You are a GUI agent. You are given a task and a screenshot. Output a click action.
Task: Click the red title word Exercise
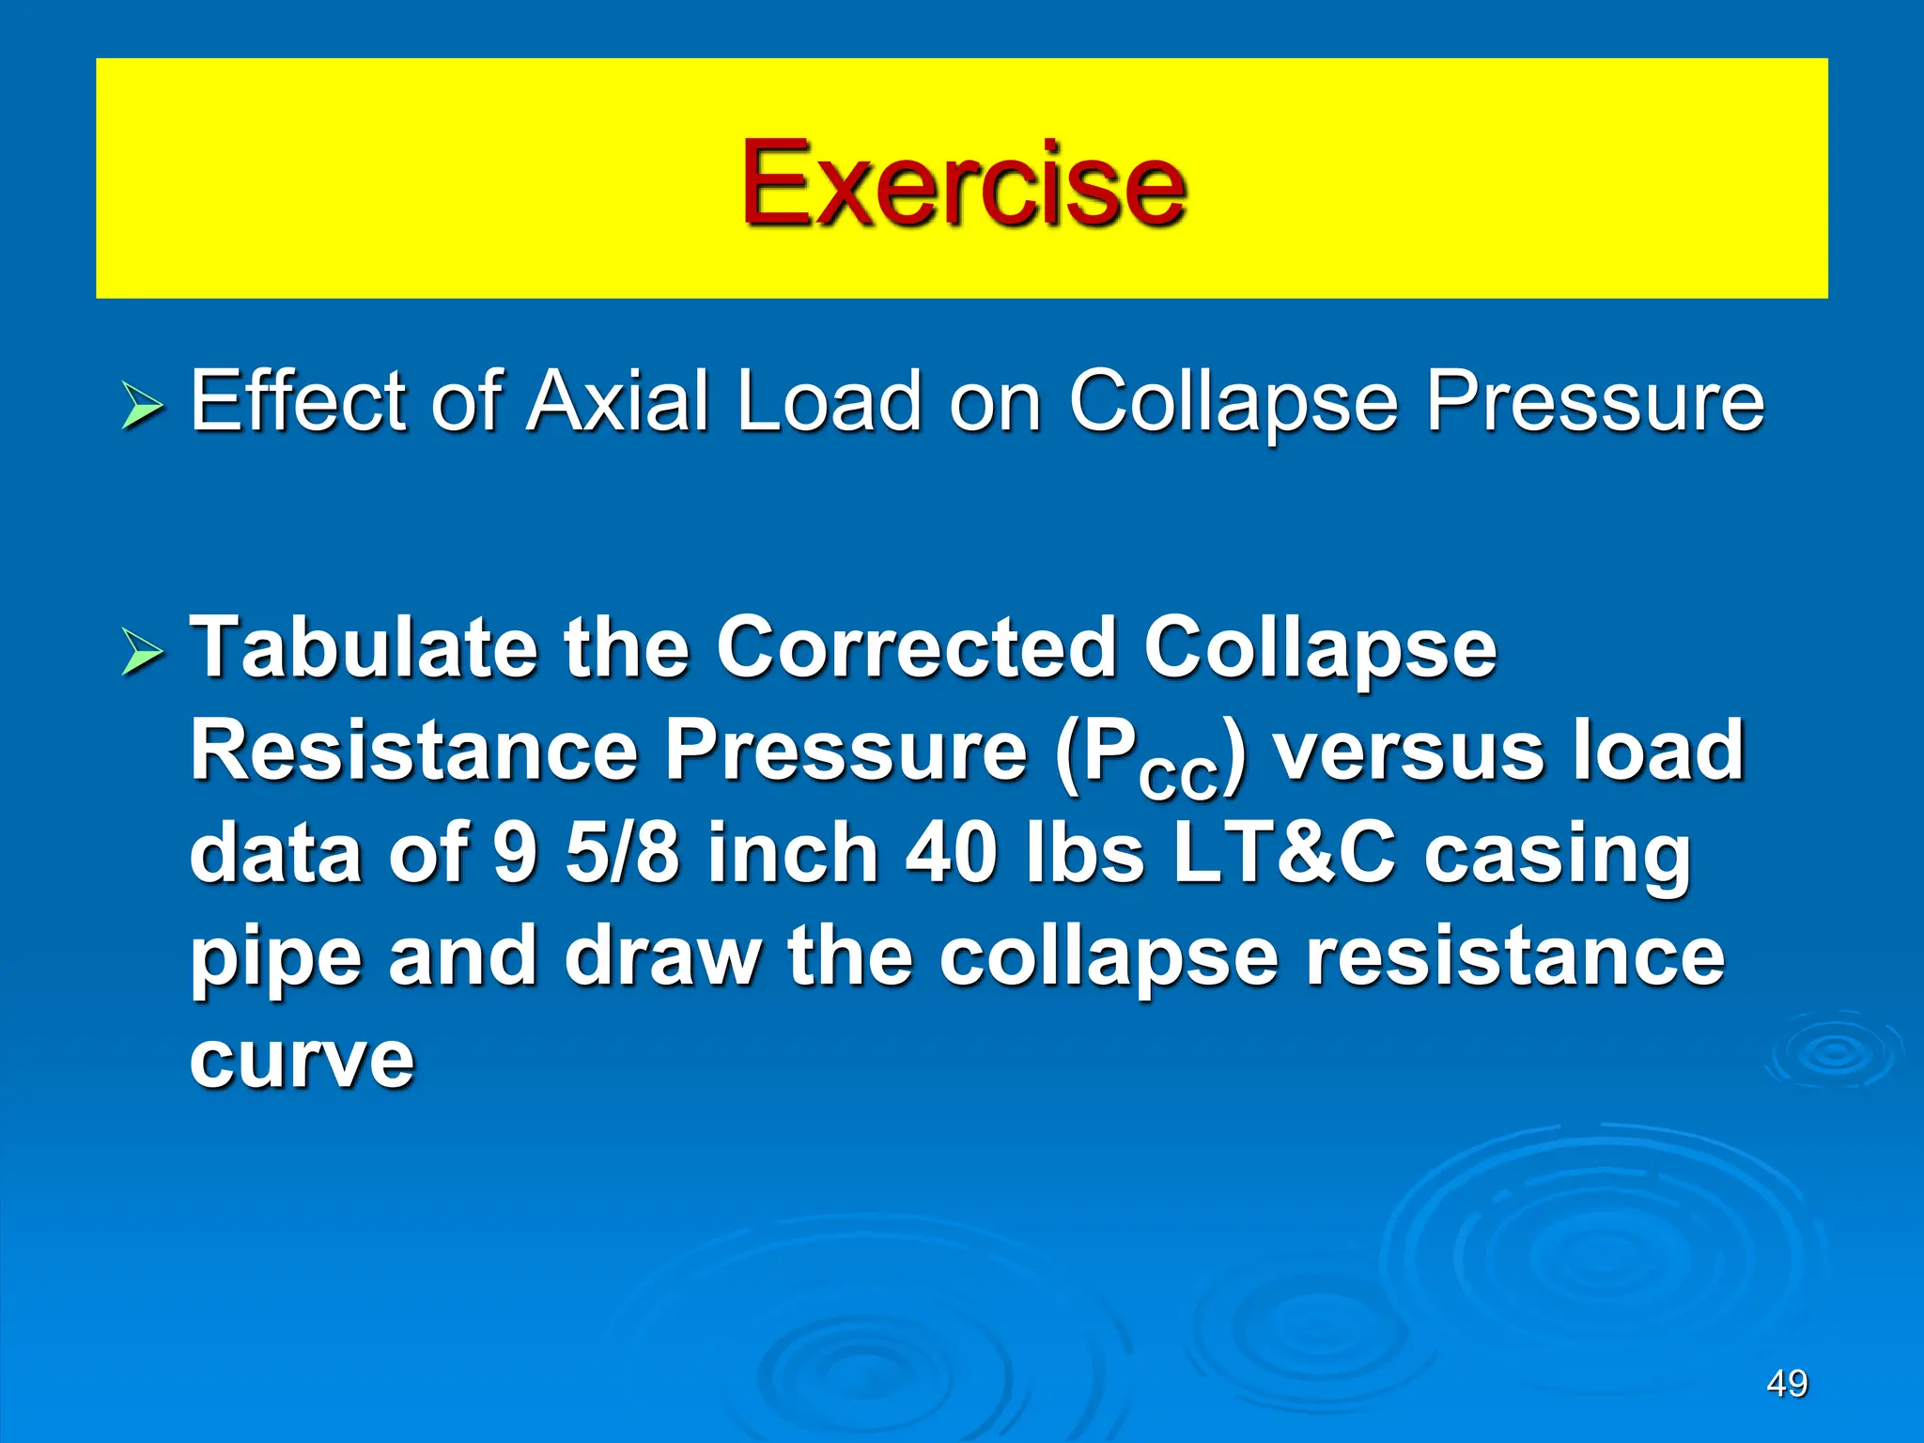963,182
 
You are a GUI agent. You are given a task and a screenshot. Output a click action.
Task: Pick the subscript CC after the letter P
1179,778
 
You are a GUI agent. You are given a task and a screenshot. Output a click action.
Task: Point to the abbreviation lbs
1085,853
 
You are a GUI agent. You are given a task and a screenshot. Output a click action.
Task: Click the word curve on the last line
302,1061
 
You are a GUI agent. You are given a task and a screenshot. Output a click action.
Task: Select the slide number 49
1787,1384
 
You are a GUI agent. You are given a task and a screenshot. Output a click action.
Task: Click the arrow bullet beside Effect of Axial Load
142,409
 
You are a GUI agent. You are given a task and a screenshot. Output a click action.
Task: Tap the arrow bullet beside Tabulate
142,654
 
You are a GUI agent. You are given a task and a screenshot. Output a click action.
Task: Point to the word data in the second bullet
276,853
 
